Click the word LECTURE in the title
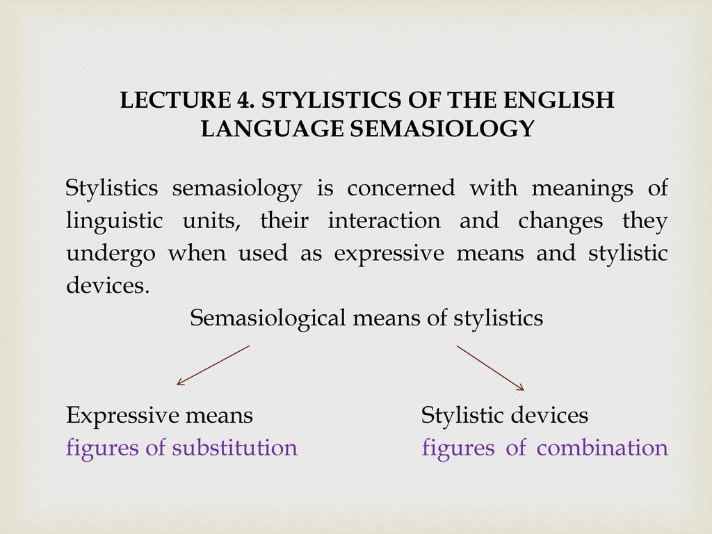pos(175,100)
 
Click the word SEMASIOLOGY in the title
pos(442,128)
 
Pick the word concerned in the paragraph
pos(401,188)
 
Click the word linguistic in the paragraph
pos(115,221)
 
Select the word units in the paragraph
pos(211,221)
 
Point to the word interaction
pos(384,220)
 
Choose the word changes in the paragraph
pos(560,221)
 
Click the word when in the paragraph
pos(197,252)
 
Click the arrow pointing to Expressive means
pos(213,366)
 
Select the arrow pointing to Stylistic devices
pos(490,368)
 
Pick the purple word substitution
pos(235,447)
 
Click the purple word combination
pos(602,447)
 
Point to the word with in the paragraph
pos(493,188)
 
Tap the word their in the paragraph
pos(284,220)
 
